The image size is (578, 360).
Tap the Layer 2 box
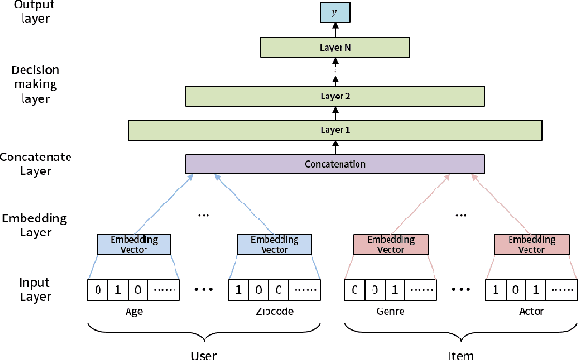click(x=335, y=95)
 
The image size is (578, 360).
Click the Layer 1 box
click(x=335, y=129)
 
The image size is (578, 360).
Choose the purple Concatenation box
click(x=335, y=164)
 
